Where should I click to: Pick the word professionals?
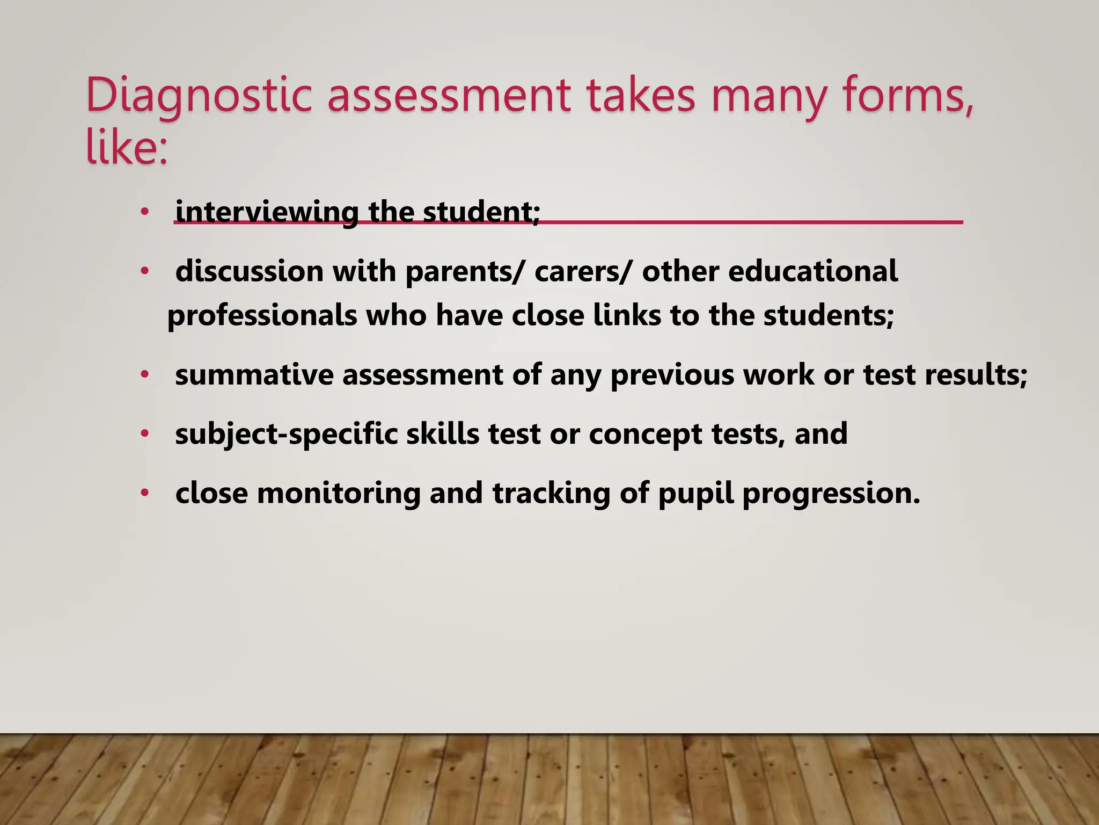(x=262, y=315)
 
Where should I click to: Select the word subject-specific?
(x=286, y=434)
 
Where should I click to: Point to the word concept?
(x=646, y=434)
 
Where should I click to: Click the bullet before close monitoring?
(x=143, y=493)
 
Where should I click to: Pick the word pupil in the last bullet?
(x=695, y=493)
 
